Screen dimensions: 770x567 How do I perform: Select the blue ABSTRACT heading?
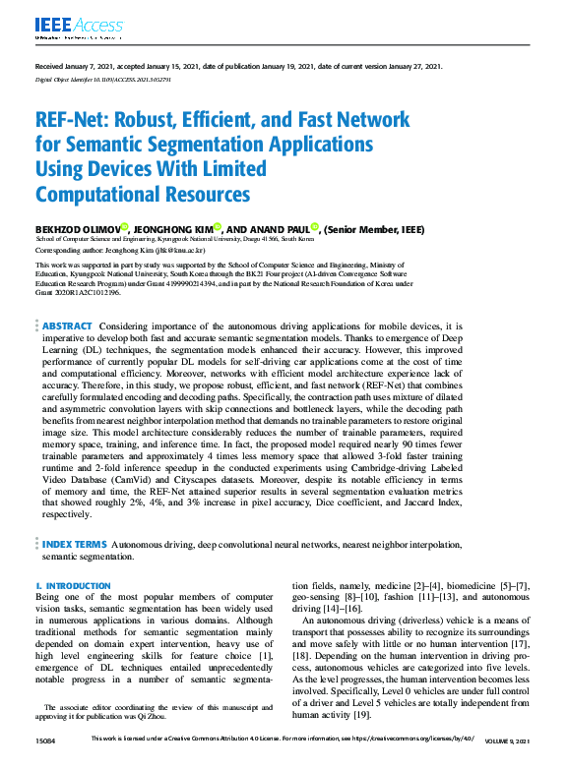pos(67,326)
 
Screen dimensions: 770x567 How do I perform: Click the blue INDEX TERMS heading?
pos(74,543)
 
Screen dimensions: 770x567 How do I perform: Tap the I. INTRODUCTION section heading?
pos(74,586)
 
